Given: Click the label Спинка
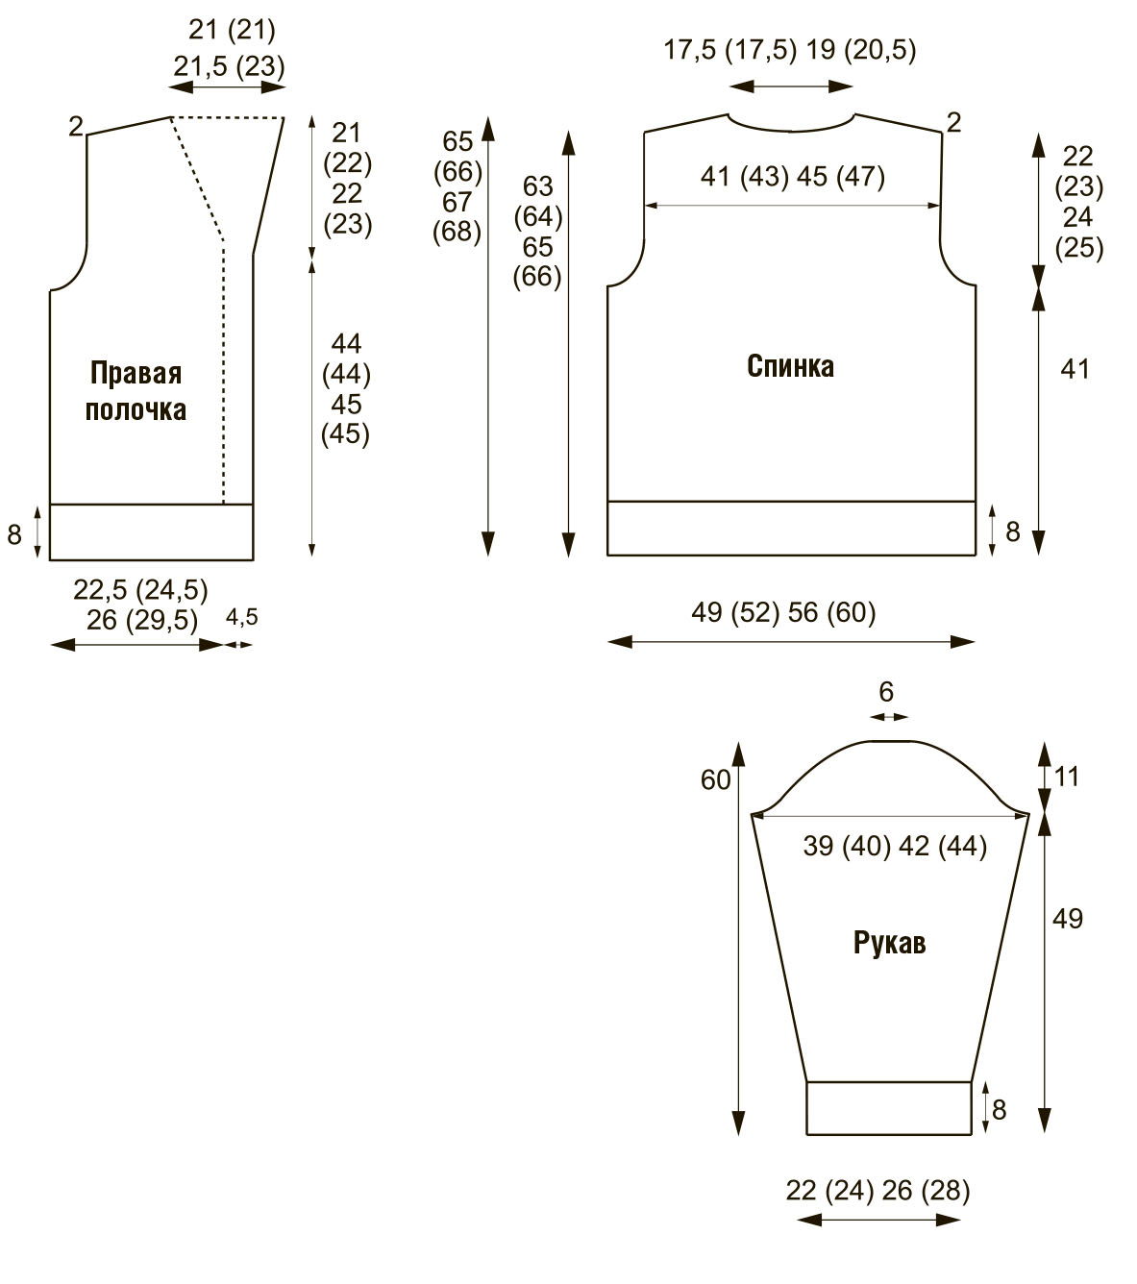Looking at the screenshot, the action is click(x=790, y=366).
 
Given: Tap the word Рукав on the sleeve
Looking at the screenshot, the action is click(x=889, y=943).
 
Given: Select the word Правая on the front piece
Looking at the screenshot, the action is click(x=136, y=373).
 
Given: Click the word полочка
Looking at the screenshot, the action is click(x=136, y=409).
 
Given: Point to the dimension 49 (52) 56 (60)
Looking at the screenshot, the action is click(x=783, y=612).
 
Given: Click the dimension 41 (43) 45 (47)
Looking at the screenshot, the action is click(x=792, y=176).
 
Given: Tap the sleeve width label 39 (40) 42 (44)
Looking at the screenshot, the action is click(x=895, y=846).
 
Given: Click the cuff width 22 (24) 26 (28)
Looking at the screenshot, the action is click(x=877, y=1190).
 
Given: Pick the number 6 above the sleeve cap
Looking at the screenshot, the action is click(x=886, y=691).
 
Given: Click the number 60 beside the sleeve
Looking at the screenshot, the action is click(x=715, y=779).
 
